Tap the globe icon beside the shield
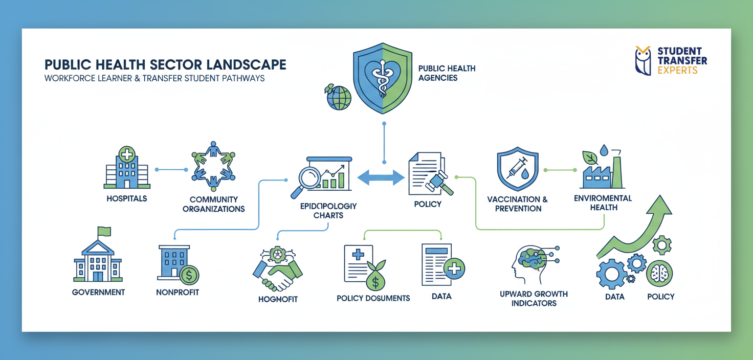coord(339,97)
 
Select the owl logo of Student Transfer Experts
coord(643,60)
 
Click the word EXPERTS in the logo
coord(677,70)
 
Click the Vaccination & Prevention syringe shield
coord(518,168)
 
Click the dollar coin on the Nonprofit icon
coord(189,276)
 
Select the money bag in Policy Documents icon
coord(376,278)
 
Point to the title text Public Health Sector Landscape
coord(165,65)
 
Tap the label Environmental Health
coord(603,202)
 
